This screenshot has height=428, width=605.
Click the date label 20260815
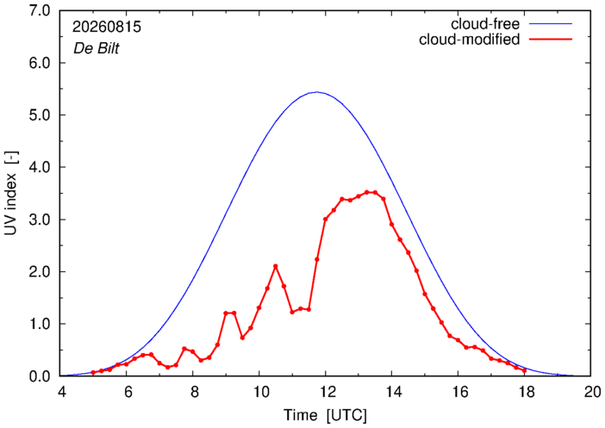pos(107,27)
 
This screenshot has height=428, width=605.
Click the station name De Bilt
pos(96,48)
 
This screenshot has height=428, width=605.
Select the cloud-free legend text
pos(485,24)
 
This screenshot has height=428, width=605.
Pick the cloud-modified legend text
pos(469,40)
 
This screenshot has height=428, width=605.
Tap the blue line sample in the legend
pos(551,24)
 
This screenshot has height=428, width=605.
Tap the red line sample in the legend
pos(551,40)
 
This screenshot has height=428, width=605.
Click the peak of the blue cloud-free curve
pos(317,92)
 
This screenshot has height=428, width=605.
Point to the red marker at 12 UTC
pos(325,219)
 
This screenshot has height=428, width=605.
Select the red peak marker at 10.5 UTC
pos(276,266)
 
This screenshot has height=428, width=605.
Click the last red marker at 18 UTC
pos(524,370)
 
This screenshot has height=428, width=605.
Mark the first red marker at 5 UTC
pos(93,373)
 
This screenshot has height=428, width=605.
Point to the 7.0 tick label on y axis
pos(40,11)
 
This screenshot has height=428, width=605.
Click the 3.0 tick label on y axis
pos(40,220)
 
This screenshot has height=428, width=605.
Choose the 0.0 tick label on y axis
pos(40,376)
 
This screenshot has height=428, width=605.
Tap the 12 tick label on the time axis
pos(325,392)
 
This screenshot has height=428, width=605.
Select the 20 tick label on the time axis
pos(592,392)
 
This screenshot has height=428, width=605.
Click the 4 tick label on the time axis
pos(61,392)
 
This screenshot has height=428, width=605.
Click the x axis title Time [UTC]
pos(325,415)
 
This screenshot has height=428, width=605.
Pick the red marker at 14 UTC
pos(391,225)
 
